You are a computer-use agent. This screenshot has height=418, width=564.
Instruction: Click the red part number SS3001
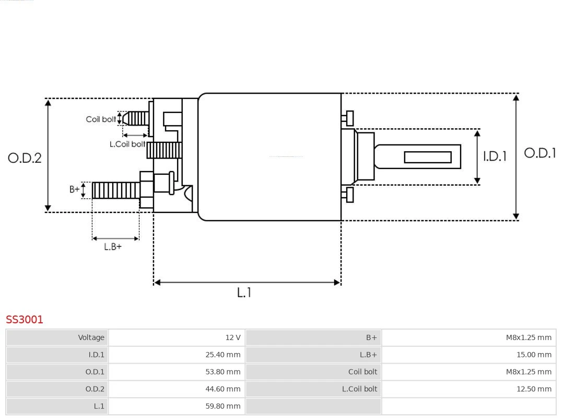pyautogui.click(x=25, y=320)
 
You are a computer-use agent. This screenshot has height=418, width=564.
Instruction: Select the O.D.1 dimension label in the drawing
pyautogui.click(x=539, y=153)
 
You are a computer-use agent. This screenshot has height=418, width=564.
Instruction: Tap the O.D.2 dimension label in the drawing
pyautogui.click(x=25, y=158)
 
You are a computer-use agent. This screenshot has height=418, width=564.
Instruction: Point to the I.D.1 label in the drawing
pyautogui.click(x=494, y=156)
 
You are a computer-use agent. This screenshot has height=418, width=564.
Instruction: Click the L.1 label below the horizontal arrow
pyautogui.click(x=244, y=293)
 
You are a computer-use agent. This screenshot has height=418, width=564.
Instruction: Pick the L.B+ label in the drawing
pyautogui.click(x=113, y=247)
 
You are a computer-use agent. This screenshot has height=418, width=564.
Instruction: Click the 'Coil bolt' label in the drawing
pyautogui.click(x=101, y=119)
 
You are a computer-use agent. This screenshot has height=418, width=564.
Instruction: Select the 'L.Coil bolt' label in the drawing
pyautogui.click(x=127, y=144)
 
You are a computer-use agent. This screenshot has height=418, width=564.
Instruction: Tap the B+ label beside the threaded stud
pyautogui.click(x=75, y=189)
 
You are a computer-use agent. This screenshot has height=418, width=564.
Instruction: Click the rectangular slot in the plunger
pyautogui.click(x=428, y=157)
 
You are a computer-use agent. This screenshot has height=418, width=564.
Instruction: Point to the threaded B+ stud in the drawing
pyautogui.click(x=116, y=190)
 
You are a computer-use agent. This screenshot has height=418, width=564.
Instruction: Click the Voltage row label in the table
pyautogui.click(x=91, y=337)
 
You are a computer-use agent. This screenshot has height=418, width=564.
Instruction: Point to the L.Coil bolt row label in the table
pyautogui.click(x=359, y=389)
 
